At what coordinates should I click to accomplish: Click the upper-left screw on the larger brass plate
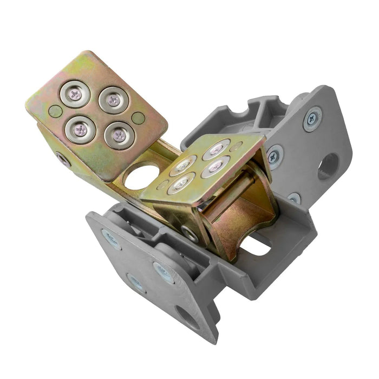(x=75, y=94)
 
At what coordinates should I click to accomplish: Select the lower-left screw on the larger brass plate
(x=80, y=128)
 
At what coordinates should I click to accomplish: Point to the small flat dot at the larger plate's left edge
(x=55, y=112)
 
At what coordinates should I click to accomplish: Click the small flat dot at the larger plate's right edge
(x=139, y=117)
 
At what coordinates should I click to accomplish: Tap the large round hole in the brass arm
(x=139, y=176)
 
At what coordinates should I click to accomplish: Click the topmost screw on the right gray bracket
(x=313, y=117)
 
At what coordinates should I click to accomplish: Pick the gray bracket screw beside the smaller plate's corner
(x=275, y=156)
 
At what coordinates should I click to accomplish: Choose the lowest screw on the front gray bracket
(x=136, y=283)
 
